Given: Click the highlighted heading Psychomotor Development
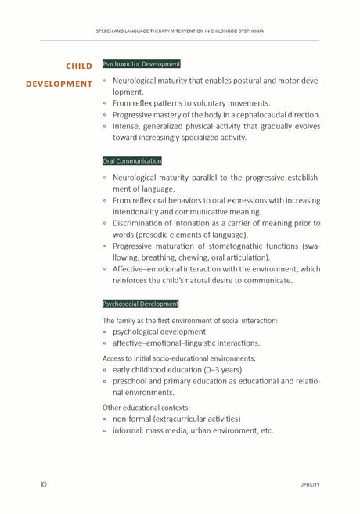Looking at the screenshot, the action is (x=142, y=64).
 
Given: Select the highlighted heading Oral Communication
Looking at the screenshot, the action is (x=132, y=161).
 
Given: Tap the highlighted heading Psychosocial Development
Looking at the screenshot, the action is (x=141, y=304).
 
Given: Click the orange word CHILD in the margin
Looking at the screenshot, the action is (x=78, y=66).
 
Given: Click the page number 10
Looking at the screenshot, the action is (x=44, y=484).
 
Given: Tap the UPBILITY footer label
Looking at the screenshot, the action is (x=309, y=485).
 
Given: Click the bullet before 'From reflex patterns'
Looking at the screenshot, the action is (x=106, y=103).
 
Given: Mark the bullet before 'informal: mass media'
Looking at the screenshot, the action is (x=106, y=430).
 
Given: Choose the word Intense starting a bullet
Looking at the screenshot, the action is (x=128, y=126).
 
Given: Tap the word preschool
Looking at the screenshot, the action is (x=133, y=381).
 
